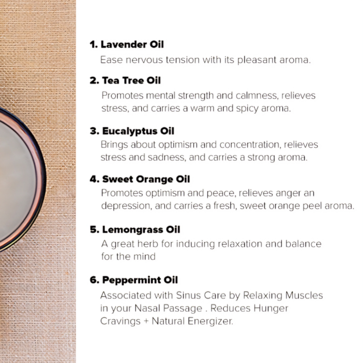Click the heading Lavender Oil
point(132,44)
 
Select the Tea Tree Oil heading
point(131,81)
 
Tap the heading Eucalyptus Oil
point(138,131)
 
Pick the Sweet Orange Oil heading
point(146,179)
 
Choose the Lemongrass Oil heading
point(141,230)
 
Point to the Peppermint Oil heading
point(140,280)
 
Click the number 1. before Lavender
point(94,44)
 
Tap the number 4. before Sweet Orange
point(94,179)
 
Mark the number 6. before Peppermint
point(94,280)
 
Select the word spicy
point(247,108)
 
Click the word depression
point(127,206)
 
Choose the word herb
point(148,244)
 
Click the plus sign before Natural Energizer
point(146,321)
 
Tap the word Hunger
point(271,309)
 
